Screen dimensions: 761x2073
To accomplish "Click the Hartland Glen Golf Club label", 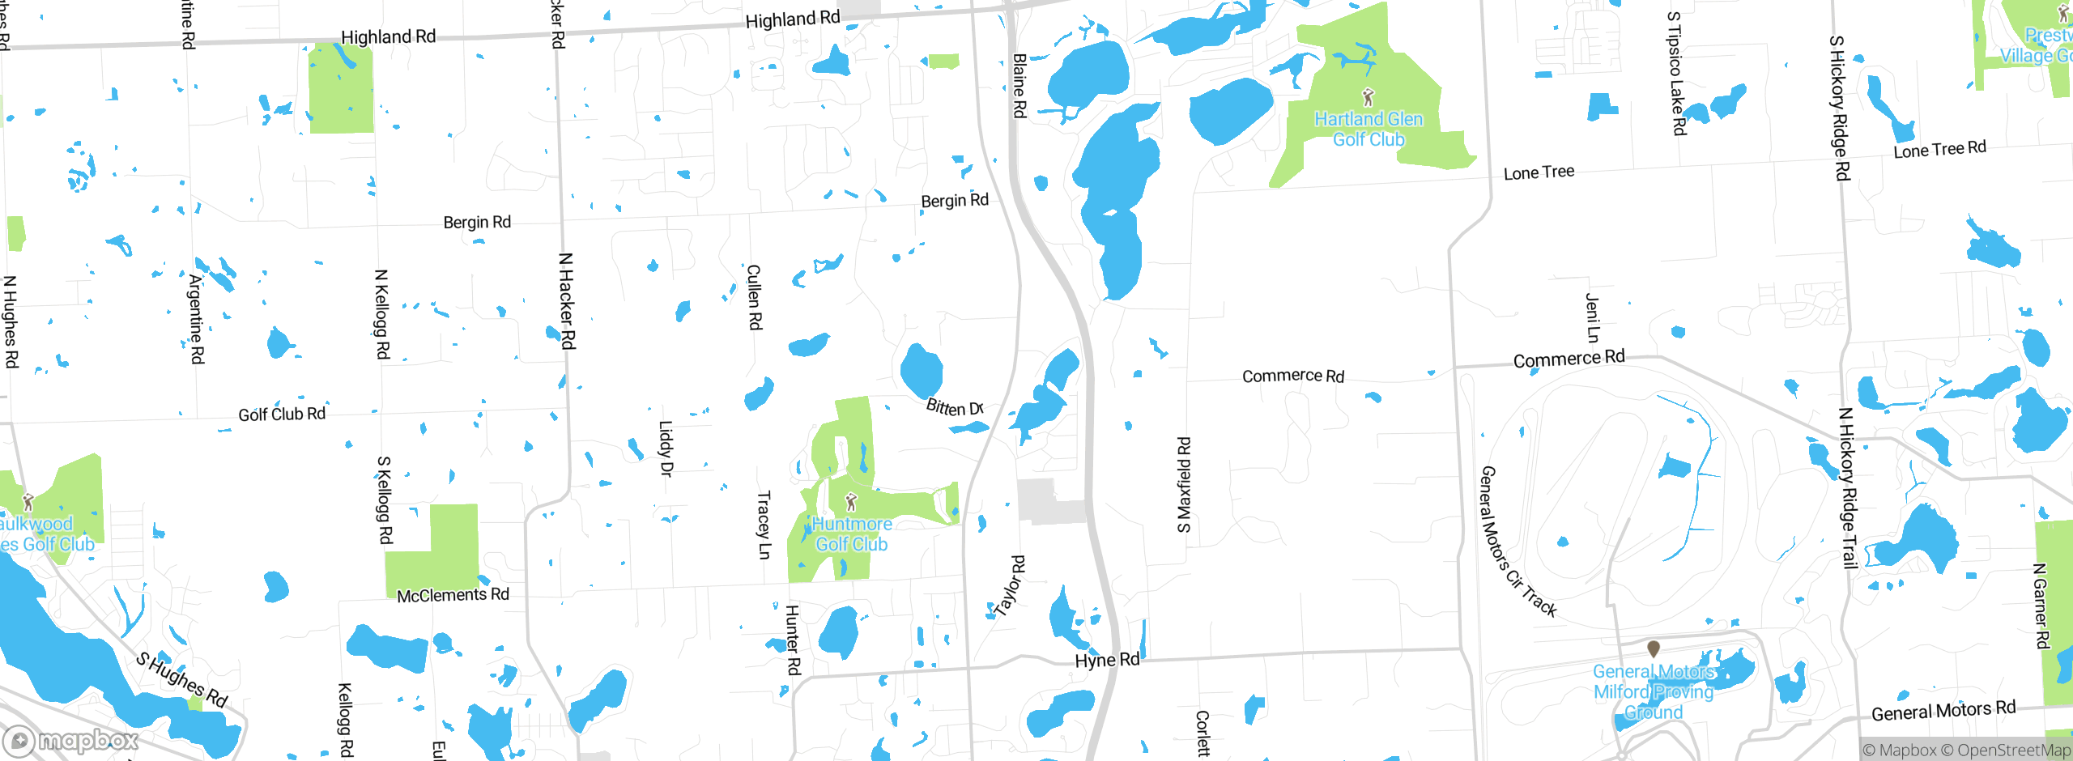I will tap(1369, 130).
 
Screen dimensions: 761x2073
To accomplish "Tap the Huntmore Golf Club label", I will tap(851, 534).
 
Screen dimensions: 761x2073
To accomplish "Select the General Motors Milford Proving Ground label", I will tap(1654, 691).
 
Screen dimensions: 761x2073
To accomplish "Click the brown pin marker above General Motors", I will tap(1654, 648).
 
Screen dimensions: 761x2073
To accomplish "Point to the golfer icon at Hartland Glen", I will tap(1369, 97).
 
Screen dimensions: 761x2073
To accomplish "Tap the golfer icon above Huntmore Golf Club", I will tap(850, 503).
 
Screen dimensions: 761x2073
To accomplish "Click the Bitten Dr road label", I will tap(955, 406).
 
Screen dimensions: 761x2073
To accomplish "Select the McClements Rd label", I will tap(453, 595).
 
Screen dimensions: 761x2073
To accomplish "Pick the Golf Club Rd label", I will tap(282, 415).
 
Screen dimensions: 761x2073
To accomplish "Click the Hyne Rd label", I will tap(1107, 660).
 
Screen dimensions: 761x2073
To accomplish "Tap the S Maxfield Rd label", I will tap(1184, 485).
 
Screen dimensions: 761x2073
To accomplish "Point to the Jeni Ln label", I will tap(1592, 317).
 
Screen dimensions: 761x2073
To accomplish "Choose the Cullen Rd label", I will tap(754, 297).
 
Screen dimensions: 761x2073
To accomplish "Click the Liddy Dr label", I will tap(666, 449).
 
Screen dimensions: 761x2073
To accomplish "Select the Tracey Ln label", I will tap(764, 525).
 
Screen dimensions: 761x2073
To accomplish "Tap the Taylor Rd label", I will tap(1010, 586).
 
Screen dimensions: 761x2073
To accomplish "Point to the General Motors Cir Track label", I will tap(1516, 541).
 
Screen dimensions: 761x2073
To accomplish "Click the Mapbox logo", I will tap(71, 741).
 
